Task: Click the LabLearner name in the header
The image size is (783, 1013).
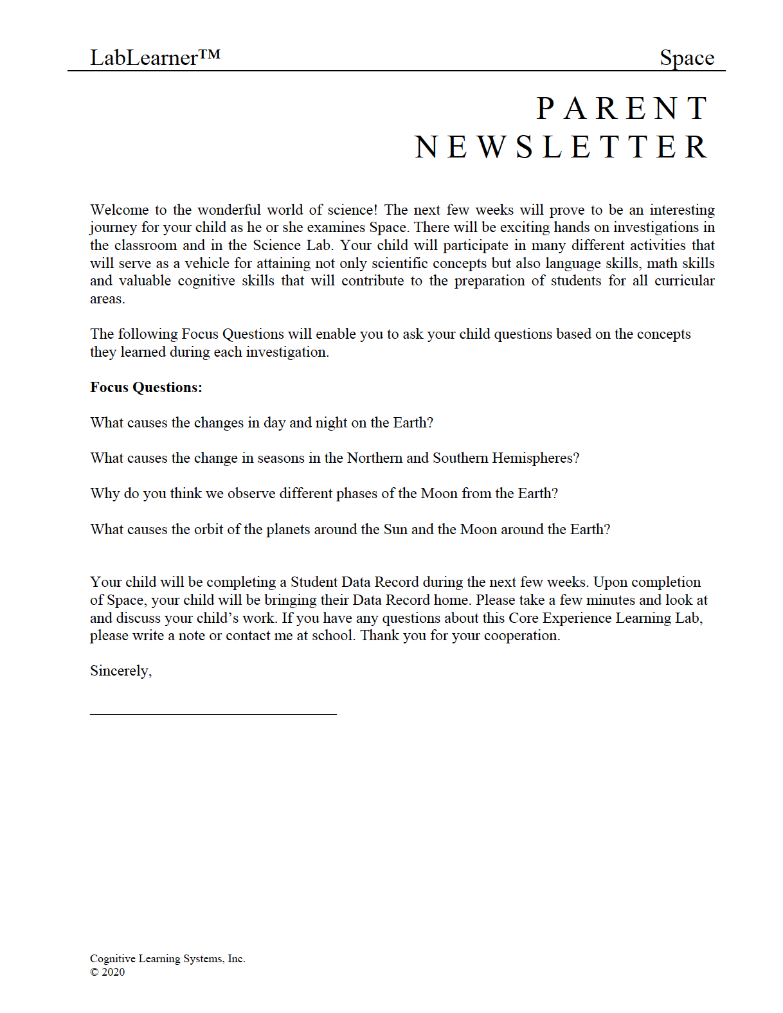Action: click(155, 57)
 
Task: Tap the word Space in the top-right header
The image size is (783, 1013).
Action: click(687, 58)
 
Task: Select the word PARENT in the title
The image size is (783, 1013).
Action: click(622, 109)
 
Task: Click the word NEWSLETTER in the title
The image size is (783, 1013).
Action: click(561, 147)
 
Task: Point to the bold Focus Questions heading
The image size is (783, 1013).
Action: click(146, 387)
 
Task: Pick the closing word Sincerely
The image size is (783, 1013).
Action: click(121, 671)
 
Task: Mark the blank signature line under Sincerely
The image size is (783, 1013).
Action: click(213, 713)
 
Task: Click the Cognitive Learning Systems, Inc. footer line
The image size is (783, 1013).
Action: click(168, 958)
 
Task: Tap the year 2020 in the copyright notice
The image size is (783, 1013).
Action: click(113, 972)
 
